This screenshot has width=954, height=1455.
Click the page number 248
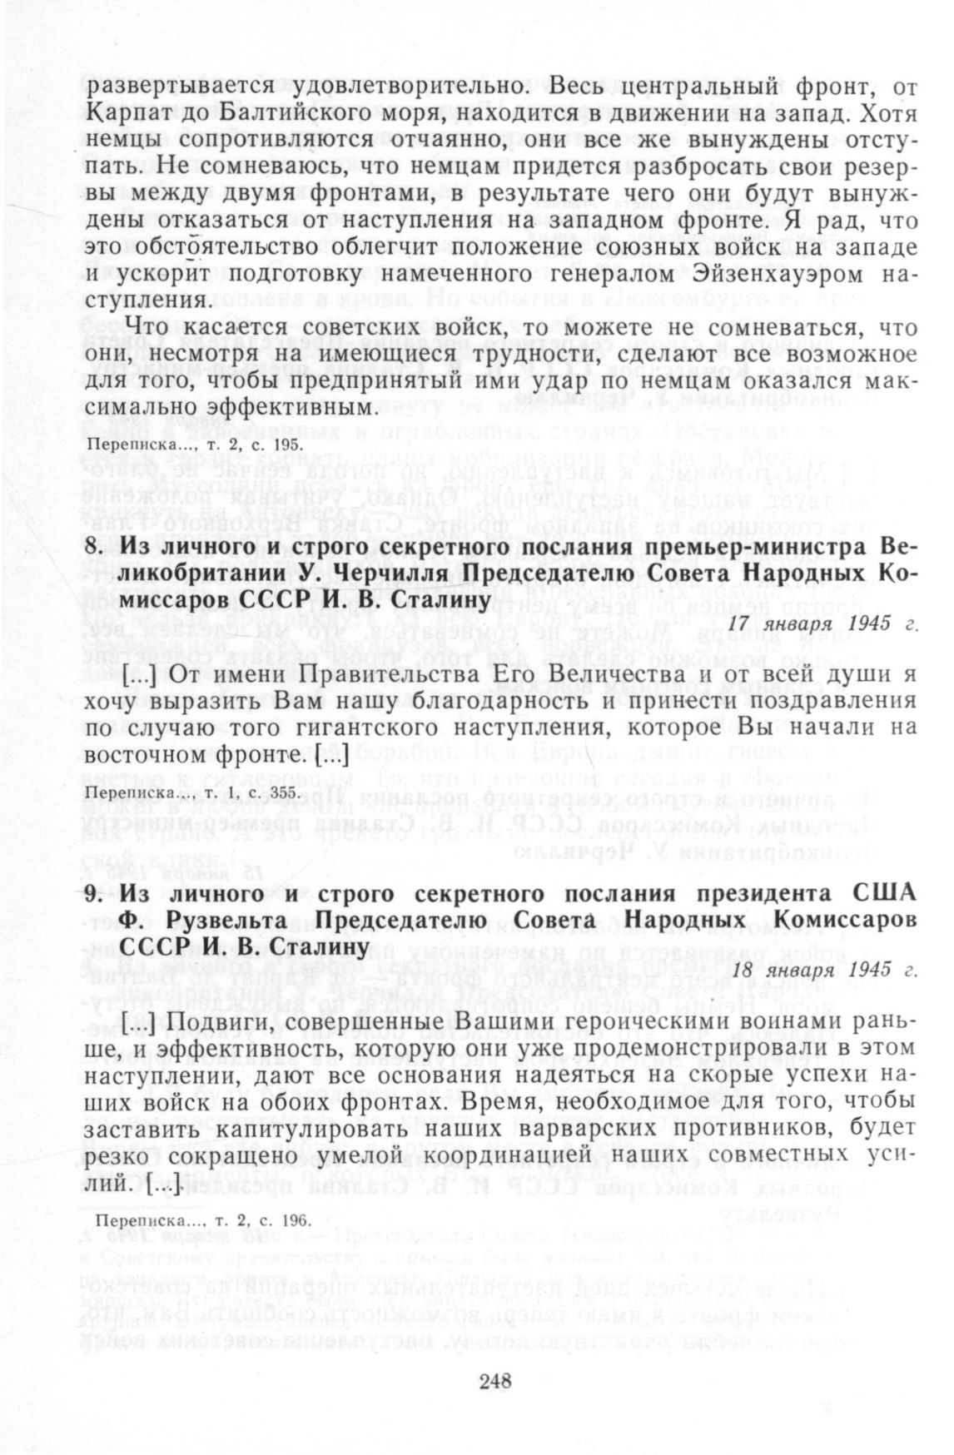(494, 1382)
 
